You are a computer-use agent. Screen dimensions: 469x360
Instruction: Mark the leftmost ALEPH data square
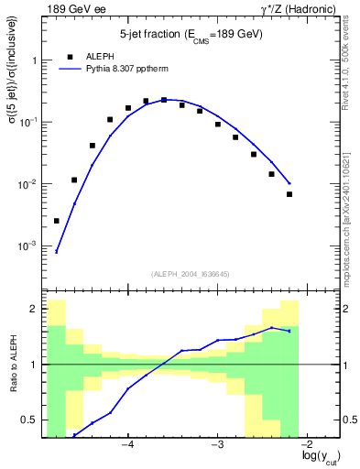coord(57,221)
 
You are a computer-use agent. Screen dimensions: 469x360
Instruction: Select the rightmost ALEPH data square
coord(289,194)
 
